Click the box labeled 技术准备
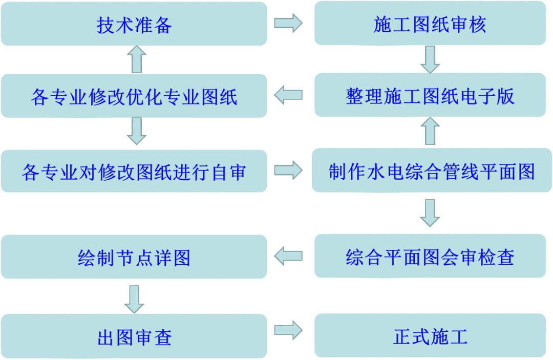(x=134, y=24)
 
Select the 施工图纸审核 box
(x=430, y=24)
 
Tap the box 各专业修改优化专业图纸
(x=134, y=96)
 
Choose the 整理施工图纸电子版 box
(x=430, y=95)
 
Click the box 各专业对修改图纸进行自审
(x=134, y=172)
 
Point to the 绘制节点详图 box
(x=134, y=257)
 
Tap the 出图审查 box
(x=134, y=336)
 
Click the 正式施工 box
(x=430, y=336)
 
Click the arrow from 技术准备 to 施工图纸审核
(x=288, y=24)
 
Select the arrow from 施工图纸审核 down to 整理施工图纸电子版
(x=430, y=59)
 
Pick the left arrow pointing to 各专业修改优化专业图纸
(x=288, y=95)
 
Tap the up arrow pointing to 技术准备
(x=136, y=59)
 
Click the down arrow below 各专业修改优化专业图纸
(x=136, y=131)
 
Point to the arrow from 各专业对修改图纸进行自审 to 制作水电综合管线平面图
(x=288, y=171)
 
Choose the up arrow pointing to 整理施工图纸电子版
(x=430, y=131)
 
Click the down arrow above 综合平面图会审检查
(x=430, y=213)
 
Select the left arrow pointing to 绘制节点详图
(x=288, y=256)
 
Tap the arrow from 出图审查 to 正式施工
(x=288, y=330)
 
